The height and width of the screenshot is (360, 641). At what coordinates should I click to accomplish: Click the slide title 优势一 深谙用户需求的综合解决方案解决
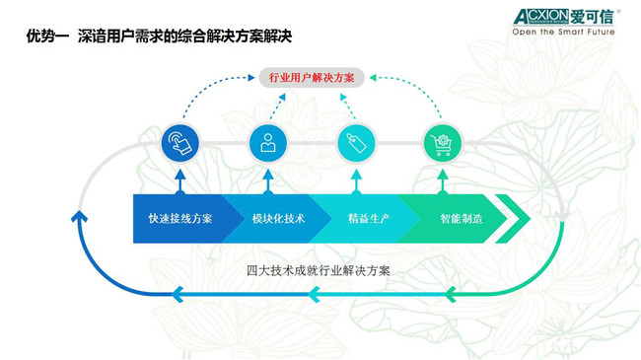[x=159, y=36]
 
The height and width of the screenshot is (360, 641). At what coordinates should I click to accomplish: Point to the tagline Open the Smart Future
[x=562, y=32]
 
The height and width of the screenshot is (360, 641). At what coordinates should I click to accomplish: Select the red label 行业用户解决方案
[x=313, y=77]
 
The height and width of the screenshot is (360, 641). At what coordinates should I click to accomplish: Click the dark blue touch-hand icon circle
[x=179, y=143]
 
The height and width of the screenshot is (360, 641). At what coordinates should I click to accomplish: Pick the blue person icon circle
[x=267, y=143]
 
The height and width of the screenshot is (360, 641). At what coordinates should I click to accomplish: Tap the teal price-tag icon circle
[x=355, y=143]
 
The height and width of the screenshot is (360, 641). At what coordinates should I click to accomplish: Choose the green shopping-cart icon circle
[x=442, y=143]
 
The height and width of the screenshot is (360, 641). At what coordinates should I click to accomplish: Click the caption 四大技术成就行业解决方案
[x=318, y=270]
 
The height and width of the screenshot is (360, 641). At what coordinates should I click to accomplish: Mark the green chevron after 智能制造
[x=514, y=218]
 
